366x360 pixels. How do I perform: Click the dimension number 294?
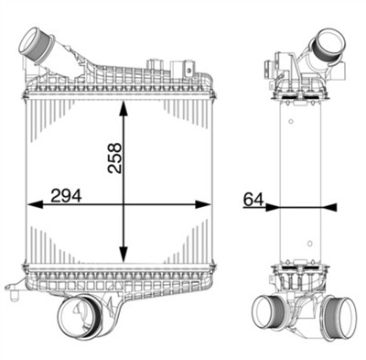[62, 193]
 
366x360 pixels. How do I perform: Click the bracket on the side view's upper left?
[271, 67]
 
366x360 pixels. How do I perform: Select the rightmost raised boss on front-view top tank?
[188, 66]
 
